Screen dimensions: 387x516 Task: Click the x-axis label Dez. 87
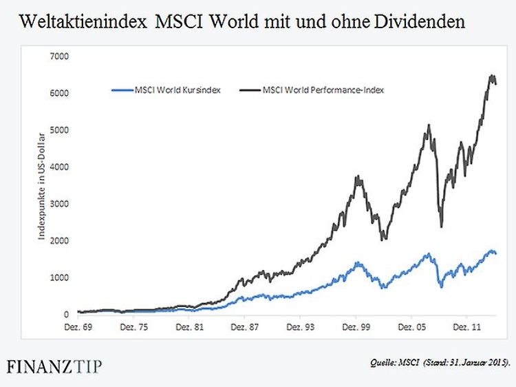pos(244,328)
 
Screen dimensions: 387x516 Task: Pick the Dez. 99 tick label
pos(356,328)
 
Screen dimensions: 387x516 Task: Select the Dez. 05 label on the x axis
pos(411,328)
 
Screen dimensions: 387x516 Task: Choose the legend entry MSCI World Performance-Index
pos(312,90)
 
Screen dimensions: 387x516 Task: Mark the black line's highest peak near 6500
pos(491,76)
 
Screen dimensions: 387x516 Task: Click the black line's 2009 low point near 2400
pos(441,225)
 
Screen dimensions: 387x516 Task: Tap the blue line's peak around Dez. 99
pos(358,262)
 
